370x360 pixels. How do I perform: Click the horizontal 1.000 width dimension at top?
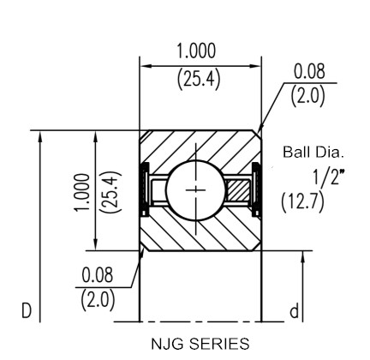click(x=196, y=51)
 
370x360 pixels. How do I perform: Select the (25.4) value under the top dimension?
click(x=199, y=79)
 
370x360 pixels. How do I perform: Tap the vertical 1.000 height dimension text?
click(x=82, y=192)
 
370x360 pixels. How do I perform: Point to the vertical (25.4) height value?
click(x=110, y=192)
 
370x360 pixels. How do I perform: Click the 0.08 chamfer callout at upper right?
click(x=309, y=71)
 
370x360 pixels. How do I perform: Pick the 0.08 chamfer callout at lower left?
click(x=98, y=275)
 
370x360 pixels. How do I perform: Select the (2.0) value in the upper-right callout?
click(x=307, y=95)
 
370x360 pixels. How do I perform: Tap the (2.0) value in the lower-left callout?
click(x=98, y=300)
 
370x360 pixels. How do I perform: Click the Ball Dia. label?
click(x=313, y=152)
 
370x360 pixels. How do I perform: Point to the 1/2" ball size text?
click(x=329, y=177)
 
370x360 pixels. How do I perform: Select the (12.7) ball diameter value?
click(x=302, y=202)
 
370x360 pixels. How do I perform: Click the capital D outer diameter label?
click(x=27, y=311)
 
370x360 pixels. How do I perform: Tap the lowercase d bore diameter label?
click(x=295, y=311)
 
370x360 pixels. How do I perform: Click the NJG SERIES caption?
click(x=200, y=344)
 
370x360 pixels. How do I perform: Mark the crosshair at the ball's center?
click(x=195, y=189)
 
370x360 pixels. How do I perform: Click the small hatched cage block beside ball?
click(x=236, y=190)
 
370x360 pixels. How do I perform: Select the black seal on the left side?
click(x=146, y=189)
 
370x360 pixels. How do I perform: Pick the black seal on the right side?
click(x=256, y=189)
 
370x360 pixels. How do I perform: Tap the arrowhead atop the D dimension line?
click(x=40, y=137)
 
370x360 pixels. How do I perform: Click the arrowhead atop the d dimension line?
click(x=303, y=257)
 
